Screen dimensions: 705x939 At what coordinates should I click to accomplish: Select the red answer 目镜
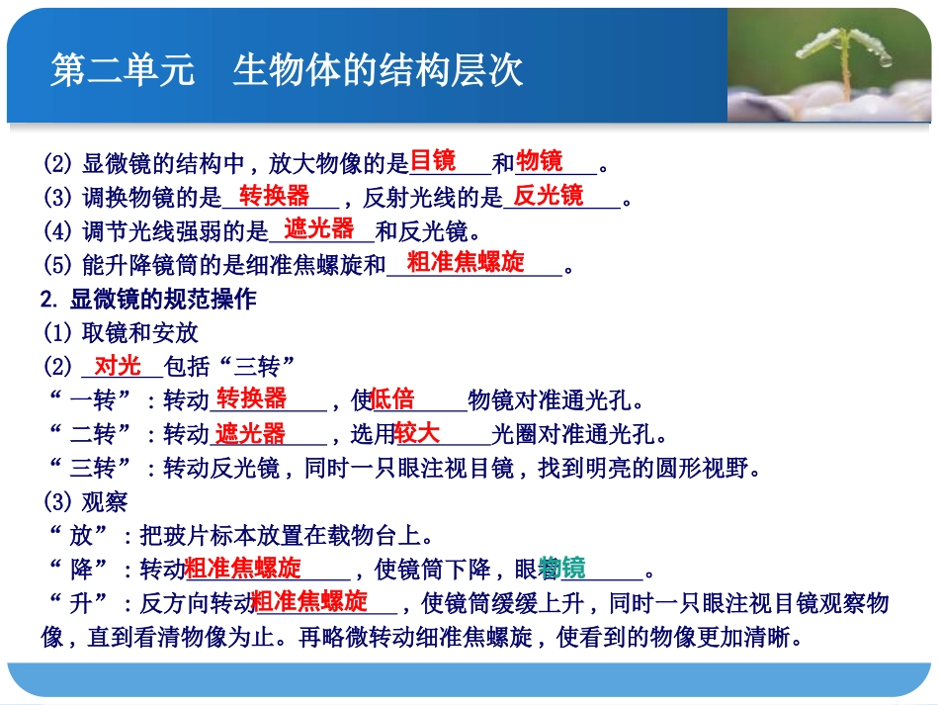(x=433, y=160)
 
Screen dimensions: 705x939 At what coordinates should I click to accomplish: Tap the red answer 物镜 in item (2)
(x=540, y=160)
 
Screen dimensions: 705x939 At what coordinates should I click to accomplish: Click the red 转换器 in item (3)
(x=274, y=195)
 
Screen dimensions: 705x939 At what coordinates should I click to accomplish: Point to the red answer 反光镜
(x=549, y=195)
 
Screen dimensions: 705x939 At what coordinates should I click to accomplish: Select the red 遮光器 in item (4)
(x=319, y=229)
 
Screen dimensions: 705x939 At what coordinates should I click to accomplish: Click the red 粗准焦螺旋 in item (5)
(x=466, y=263)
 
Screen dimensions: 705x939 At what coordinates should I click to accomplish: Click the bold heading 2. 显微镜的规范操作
(x=148, y=299)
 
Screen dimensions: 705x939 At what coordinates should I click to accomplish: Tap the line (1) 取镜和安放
(x=120, y=332)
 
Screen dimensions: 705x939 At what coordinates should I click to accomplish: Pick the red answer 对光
(x=118, y=366)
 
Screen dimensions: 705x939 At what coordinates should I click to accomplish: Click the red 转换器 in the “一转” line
(x=251, y=398)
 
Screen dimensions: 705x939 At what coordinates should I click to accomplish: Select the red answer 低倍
(x=392, y=399)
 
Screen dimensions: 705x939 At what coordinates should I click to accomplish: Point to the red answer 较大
(x=417, y=433)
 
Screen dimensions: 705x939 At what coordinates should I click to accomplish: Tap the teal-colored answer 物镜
(x=562, y=569)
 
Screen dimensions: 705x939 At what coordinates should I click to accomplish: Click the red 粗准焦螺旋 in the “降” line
(x=243, y=569)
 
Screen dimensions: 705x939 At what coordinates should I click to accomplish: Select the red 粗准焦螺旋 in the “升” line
(x=309, y=601)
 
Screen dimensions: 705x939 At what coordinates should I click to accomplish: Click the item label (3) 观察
(x=85, y=501)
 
